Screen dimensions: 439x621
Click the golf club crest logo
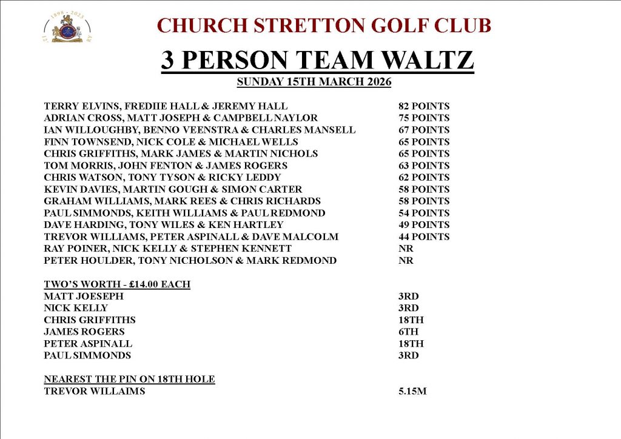67,28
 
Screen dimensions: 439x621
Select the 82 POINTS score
424,106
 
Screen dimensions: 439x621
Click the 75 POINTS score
424,118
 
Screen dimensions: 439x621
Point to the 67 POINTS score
424,130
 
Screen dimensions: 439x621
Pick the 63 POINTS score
424,166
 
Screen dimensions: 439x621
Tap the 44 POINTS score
424,236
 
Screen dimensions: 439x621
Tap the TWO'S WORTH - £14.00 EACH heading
117,284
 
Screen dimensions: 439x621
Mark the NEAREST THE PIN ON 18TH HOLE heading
129,379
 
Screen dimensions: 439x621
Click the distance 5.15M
412,391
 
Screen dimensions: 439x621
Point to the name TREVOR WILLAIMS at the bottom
95,391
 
